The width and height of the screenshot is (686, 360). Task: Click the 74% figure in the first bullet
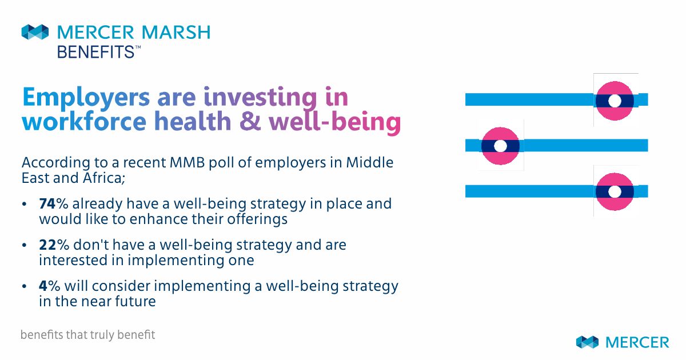pyautogui.click(x=54, y=203)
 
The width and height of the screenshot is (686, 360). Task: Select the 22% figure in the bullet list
pyautogui.click(x=54, y=245)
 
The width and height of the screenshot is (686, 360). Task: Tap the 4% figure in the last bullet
pyautogui.click(x=49, y=286)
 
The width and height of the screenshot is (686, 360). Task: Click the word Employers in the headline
pyautogui.click(x=86, y=98)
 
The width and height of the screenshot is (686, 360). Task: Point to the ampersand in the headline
pyautogui.click(x=250, y=121)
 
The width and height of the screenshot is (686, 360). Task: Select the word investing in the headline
pyautogui.click(x=260, y=98)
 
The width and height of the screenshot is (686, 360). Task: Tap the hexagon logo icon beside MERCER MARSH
pyautogui.click(x=35, y=32)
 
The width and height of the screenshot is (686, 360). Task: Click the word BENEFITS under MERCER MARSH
pyautogui.click(x=95, y=52)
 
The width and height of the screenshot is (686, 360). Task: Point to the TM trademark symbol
pyautogui.click(x=138, y=47)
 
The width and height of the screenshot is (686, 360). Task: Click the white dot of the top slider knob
pyautogui.click(x=615, y=101)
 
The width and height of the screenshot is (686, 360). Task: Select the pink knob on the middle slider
pyautogui.click(x=500, y=146)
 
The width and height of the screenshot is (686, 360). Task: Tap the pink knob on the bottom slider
pyautogui.click(x=615, y=191)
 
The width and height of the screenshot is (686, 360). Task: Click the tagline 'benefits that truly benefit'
pyautogui.click(x=88, y=335)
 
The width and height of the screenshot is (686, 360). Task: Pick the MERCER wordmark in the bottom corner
pyautogui.click(x=637, y=342)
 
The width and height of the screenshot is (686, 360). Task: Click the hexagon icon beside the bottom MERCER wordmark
pyautogui.click(x=587, y=342)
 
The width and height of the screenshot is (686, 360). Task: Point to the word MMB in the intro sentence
pyautogui.click(x=187, y=162)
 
